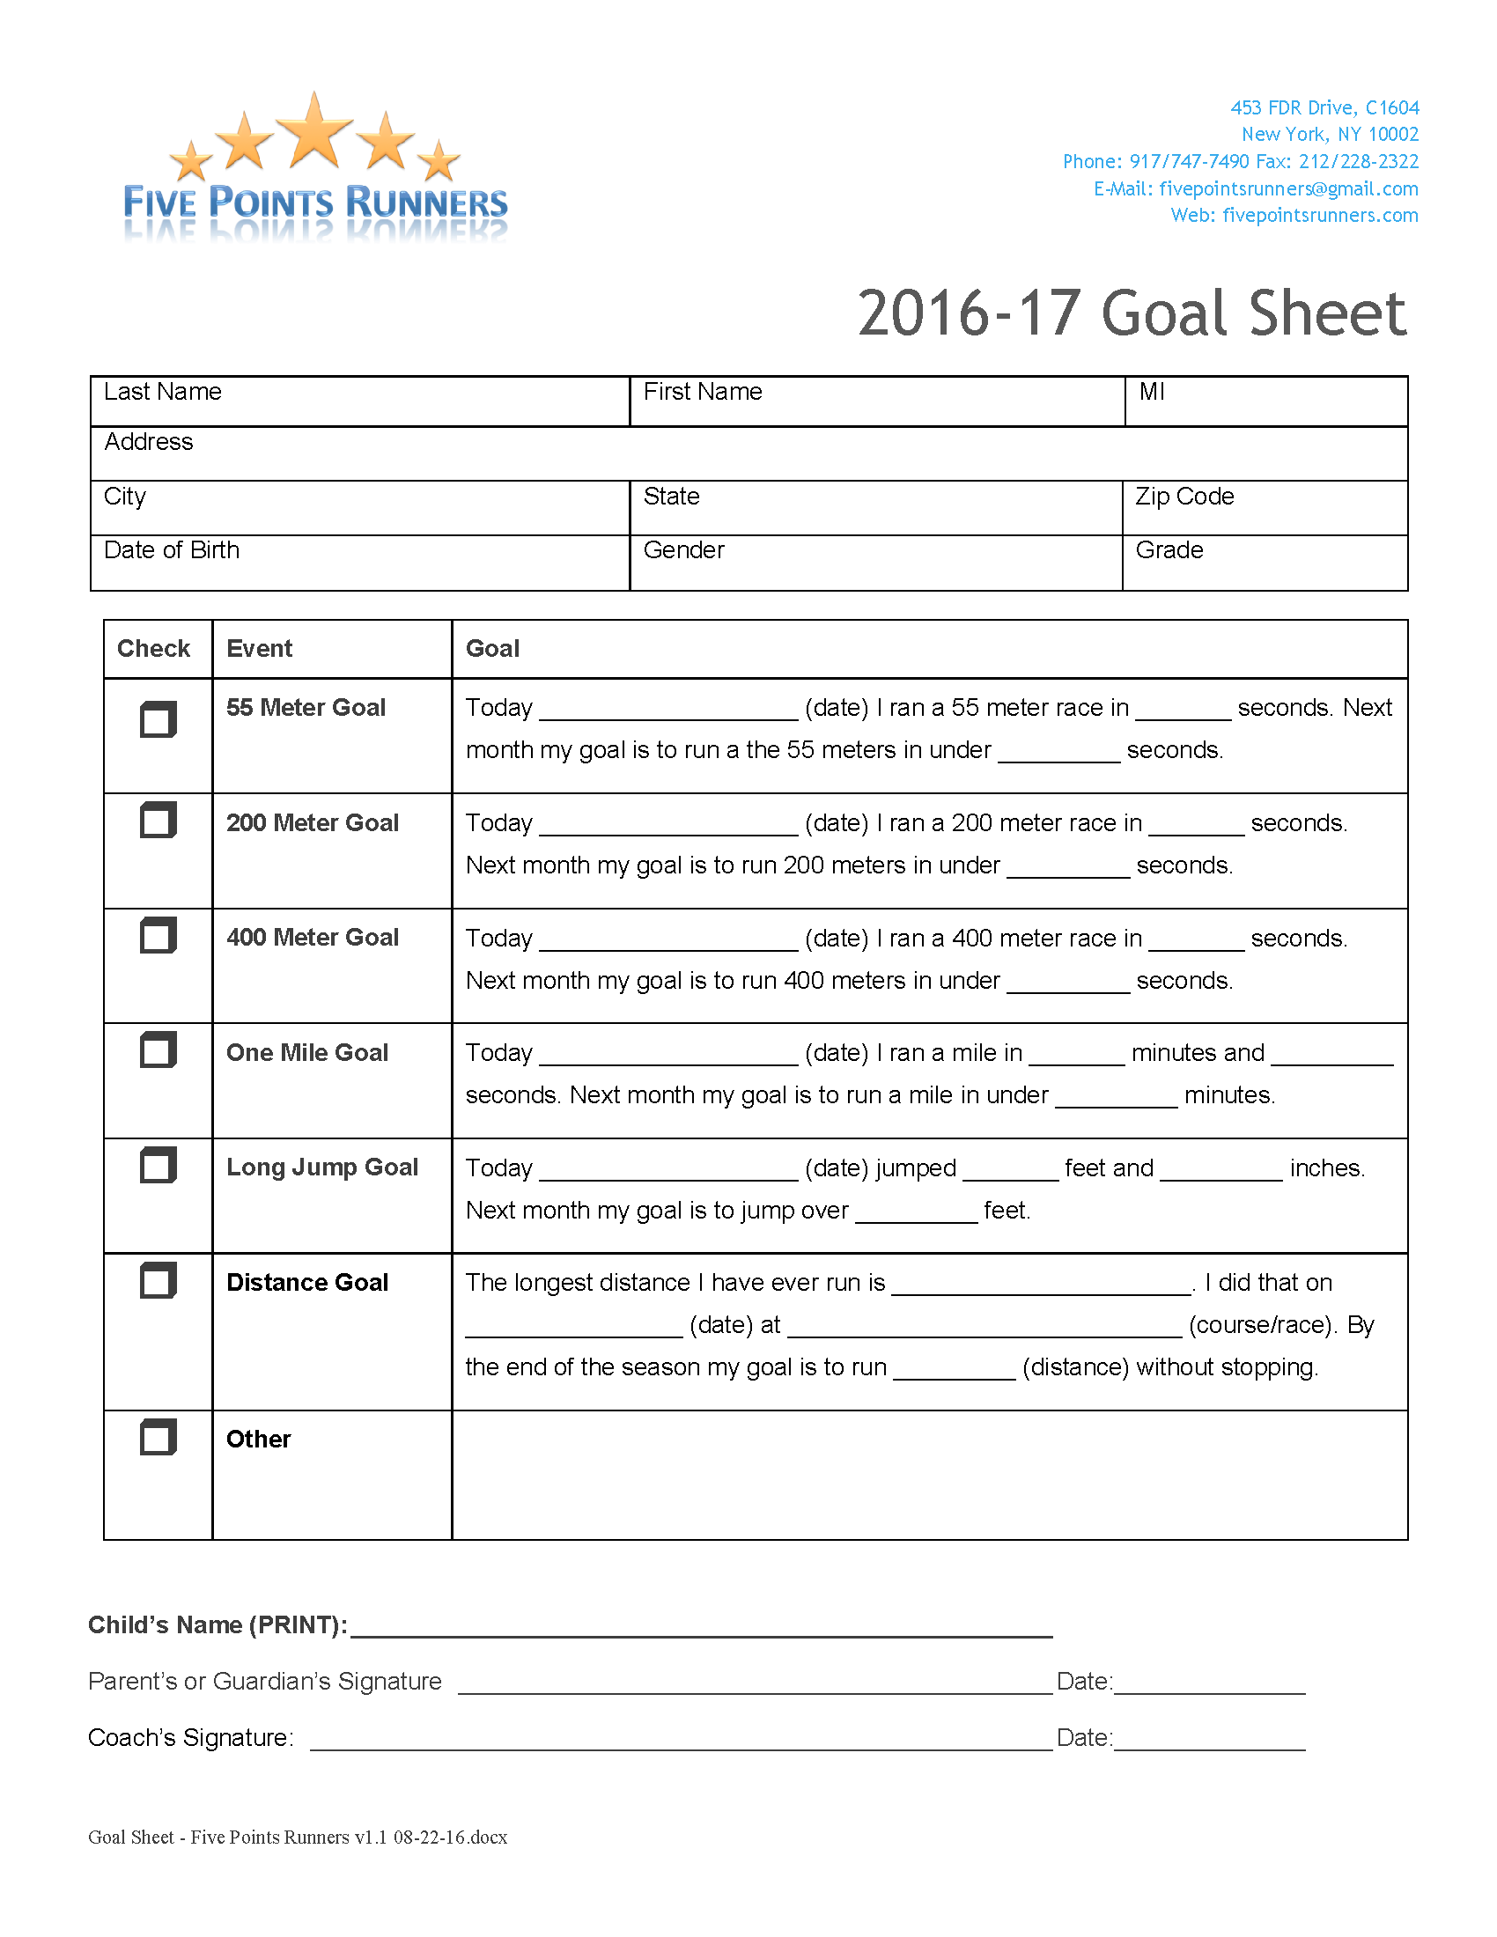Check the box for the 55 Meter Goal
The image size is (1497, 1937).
tap(158, 719)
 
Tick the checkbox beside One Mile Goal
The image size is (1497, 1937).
tap(158, 1050)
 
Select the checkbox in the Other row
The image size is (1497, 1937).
tap(158, 1437)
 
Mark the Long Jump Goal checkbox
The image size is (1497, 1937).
tap(158, 1166)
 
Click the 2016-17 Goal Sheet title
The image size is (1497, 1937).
tap(1132, 314)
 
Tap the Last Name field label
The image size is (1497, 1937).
tap(162, 392)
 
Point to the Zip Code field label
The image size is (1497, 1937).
tap(1184, 497)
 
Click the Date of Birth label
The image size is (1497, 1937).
tap(171, 551)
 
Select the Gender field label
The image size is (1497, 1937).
tap(682, 551)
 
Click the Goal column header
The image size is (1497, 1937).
tap(492, 649)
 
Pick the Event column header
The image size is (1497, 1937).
tap(259, 649)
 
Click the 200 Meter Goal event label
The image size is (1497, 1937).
tap(313, 823)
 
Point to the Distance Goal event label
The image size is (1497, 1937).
tap(306, 1283)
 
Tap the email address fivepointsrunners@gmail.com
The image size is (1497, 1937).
tap(1287, 189)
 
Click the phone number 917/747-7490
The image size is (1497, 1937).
tap(1189, 161)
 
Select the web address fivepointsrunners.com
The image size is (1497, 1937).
tap(1320, 216)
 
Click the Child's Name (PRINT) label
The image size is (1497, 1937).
tap(218, 1624)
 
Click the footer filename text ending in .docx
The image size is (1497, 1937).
tap(297, 1837)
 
